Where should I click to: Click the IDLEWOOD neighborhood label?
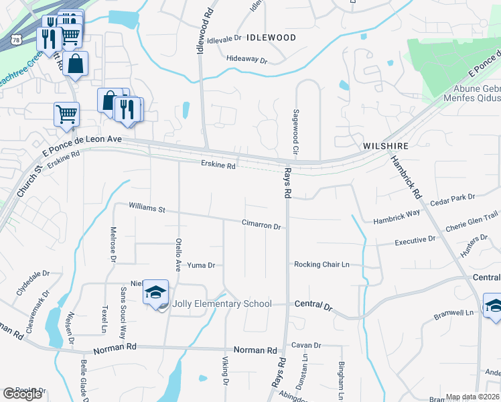point(271,38)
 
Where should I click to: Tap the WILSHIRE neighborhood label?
point(385,145)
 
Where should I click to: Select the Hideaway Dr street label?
point(246,60)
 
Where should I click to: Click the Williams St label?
point(147,209)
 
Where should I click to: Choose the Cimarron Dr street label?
point(261,226)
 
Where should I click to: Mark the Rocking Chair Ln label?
point(321,265)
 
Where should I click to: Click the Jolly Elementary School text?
point(222,304)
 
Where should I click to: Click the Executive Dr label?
point(415,241)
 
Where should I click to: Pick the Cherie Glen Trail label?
point(472,221)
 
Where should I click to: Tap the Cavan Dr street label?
point(306,346)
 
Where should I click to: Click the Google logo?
point(23,394)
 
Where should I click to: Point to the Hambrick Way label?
point(396,216)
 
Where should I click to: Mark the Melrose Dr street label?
point(113,245)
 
